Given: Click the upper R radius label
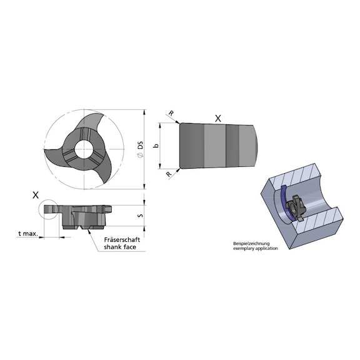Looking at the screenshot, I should (x=171, y=113).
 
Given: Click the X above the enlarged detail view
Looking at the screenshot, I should (x=217, y=117).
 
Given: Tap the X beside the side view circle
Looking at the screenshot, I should (x=36, y=194).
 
